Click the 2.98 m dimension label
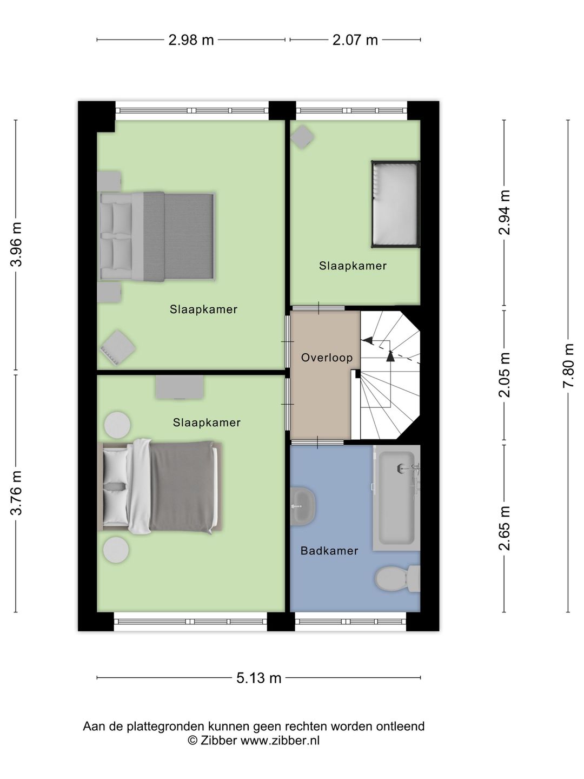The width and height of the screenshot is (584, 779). [191, 39]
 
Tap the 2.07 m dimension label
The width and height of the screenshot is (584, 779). [355, 39]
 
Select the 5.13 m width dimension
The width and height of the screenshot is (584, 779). [258, 678]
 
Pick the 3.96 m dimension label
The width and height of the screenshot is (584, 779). [16, 245]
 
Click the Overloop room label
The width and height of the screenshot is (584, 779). [327, 358]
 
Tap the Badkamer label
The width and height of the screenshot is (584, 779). [329, 551]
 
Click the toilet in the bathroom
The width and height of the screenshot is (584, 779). [397, 578]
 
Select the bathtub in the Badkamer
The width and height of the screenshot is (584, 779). [396, 498]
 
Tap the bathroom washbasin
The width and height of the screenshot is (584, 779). [302, 506]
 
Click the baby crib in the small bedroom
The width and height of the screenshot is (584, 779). [395, 204]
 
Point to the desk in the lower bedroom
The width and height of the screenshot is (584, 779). [180, 387]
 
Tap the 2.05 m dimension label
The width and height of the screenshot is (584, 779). [504, 374]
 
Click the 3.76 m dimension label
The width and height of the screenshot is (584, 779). [16, 493]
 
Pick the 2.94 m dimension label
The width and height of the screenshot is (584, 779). [504, 212]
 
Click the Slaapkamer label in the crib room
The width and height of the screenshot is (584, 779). [353, 266]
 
